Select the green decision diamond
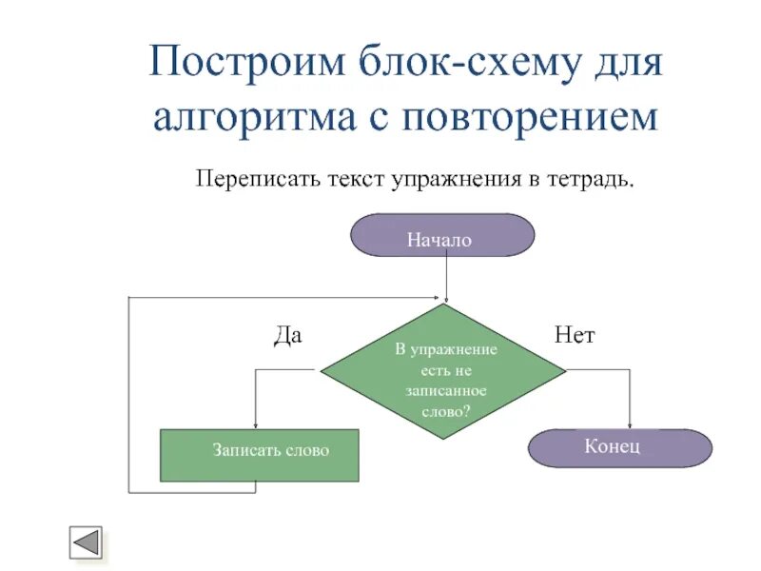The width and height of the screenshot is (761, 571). (x=443, y=372)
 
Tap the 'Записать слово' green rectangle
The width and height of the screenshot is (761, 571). (x=259, y=455)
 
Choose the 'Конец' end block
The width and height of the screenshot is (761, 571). (x=619, y=447)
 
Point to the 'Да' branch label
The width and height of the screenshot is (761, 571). (x=287, y=335)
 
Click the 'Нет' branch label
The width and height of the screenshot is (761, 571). (x=574, y=335)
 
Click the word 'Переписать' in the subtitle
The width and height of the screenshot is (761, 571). (x=252, y=179)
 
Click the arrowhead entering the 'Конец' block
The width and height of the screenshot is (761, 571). (x=630, y=424)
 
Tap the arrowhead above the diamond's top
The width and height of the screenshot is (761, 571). (x=444, y=299)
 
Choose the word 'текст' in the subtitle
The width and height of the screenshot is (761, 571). (x=352, y=179)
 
